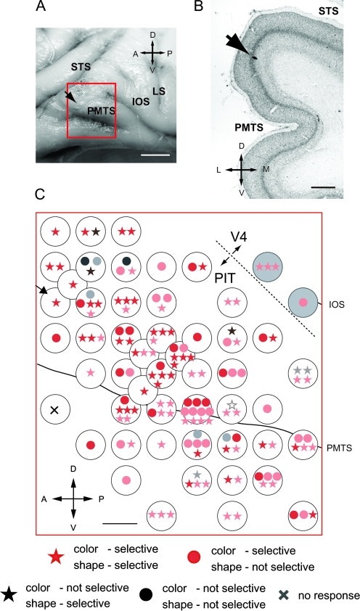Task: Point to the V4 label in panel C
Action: pos(241,237)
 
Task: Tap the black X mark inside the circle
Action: pos(54,410)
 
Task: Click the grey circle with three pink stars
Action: pos(266,267)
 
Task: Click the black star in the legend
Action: pos(12,594)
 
